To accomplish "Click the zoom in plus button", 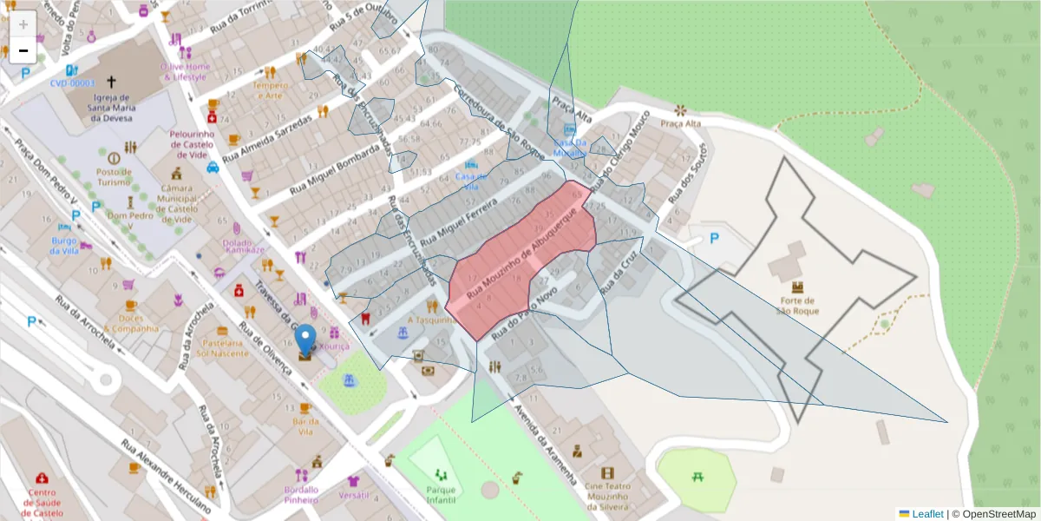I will pos(23,24).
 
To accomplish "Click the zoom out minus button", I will pos(23,50).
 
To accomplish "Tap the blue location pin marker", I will pos(305,340).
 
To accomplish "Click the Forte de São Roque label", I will pos(796,305).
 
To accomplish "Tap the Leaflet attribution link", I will pos(926,514).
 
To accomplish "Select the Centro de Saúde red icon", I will pos(42,478).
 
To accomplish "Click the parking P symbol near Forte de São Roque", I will pos(715,238).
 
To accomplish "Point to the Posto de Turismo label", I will pos(114,176).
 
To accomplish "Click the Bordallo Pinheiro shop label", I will pos(301,495).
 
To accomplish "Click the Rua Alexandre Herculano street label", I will pos(165,476).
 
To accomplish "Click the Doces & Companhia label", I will pos(130,323).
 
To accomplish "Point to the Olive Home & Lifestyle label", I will pos(186,71).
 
